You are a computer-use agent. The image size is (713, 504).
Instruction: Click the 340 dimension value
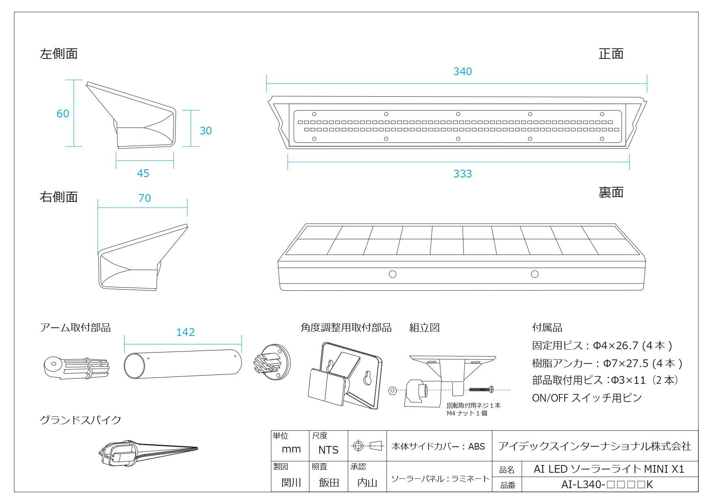point(463,71)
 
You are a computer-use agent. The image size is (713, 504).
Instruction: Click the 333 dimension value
point(463,174)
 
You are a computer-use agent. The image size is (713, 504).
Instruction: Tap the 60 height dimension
point(63,114)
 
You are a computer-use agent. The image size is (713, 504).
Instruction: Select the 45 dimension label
point(143,173)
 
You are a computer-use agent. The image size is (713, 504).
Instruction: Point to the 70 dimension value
point(145,198)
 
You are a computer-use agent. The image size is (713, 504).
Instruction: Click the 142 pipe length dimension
point(185,332)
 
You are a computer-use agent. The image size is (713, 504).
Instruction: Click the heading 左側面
point(59,54)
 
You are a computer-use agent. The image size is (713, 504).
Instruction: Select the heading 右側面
point(59,197)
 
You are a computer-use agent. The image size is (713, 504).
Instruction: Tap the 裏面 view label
point(611,193)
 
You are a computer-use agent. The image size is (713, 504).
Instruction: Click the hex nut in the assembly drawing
point(392,391)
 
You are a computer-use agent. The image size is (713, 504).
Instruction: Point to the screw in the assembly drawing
point(481,390)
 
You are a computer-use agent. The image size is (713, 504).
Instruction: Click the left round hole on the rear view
point(393,274)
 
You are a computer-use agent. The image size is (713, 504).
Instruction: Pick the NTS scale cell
point(328,450)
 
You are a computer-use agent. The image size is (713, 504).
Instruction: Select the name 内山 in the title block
point(367,482)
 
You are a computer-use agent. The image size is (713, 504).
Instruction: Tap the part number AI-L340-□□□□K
point(607,485)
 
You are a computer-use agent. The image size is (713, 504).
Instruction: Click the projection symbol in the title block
point(367,446)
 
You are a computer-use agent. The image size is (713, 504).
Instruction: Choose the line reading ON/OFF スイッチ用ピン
point(587,398)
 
